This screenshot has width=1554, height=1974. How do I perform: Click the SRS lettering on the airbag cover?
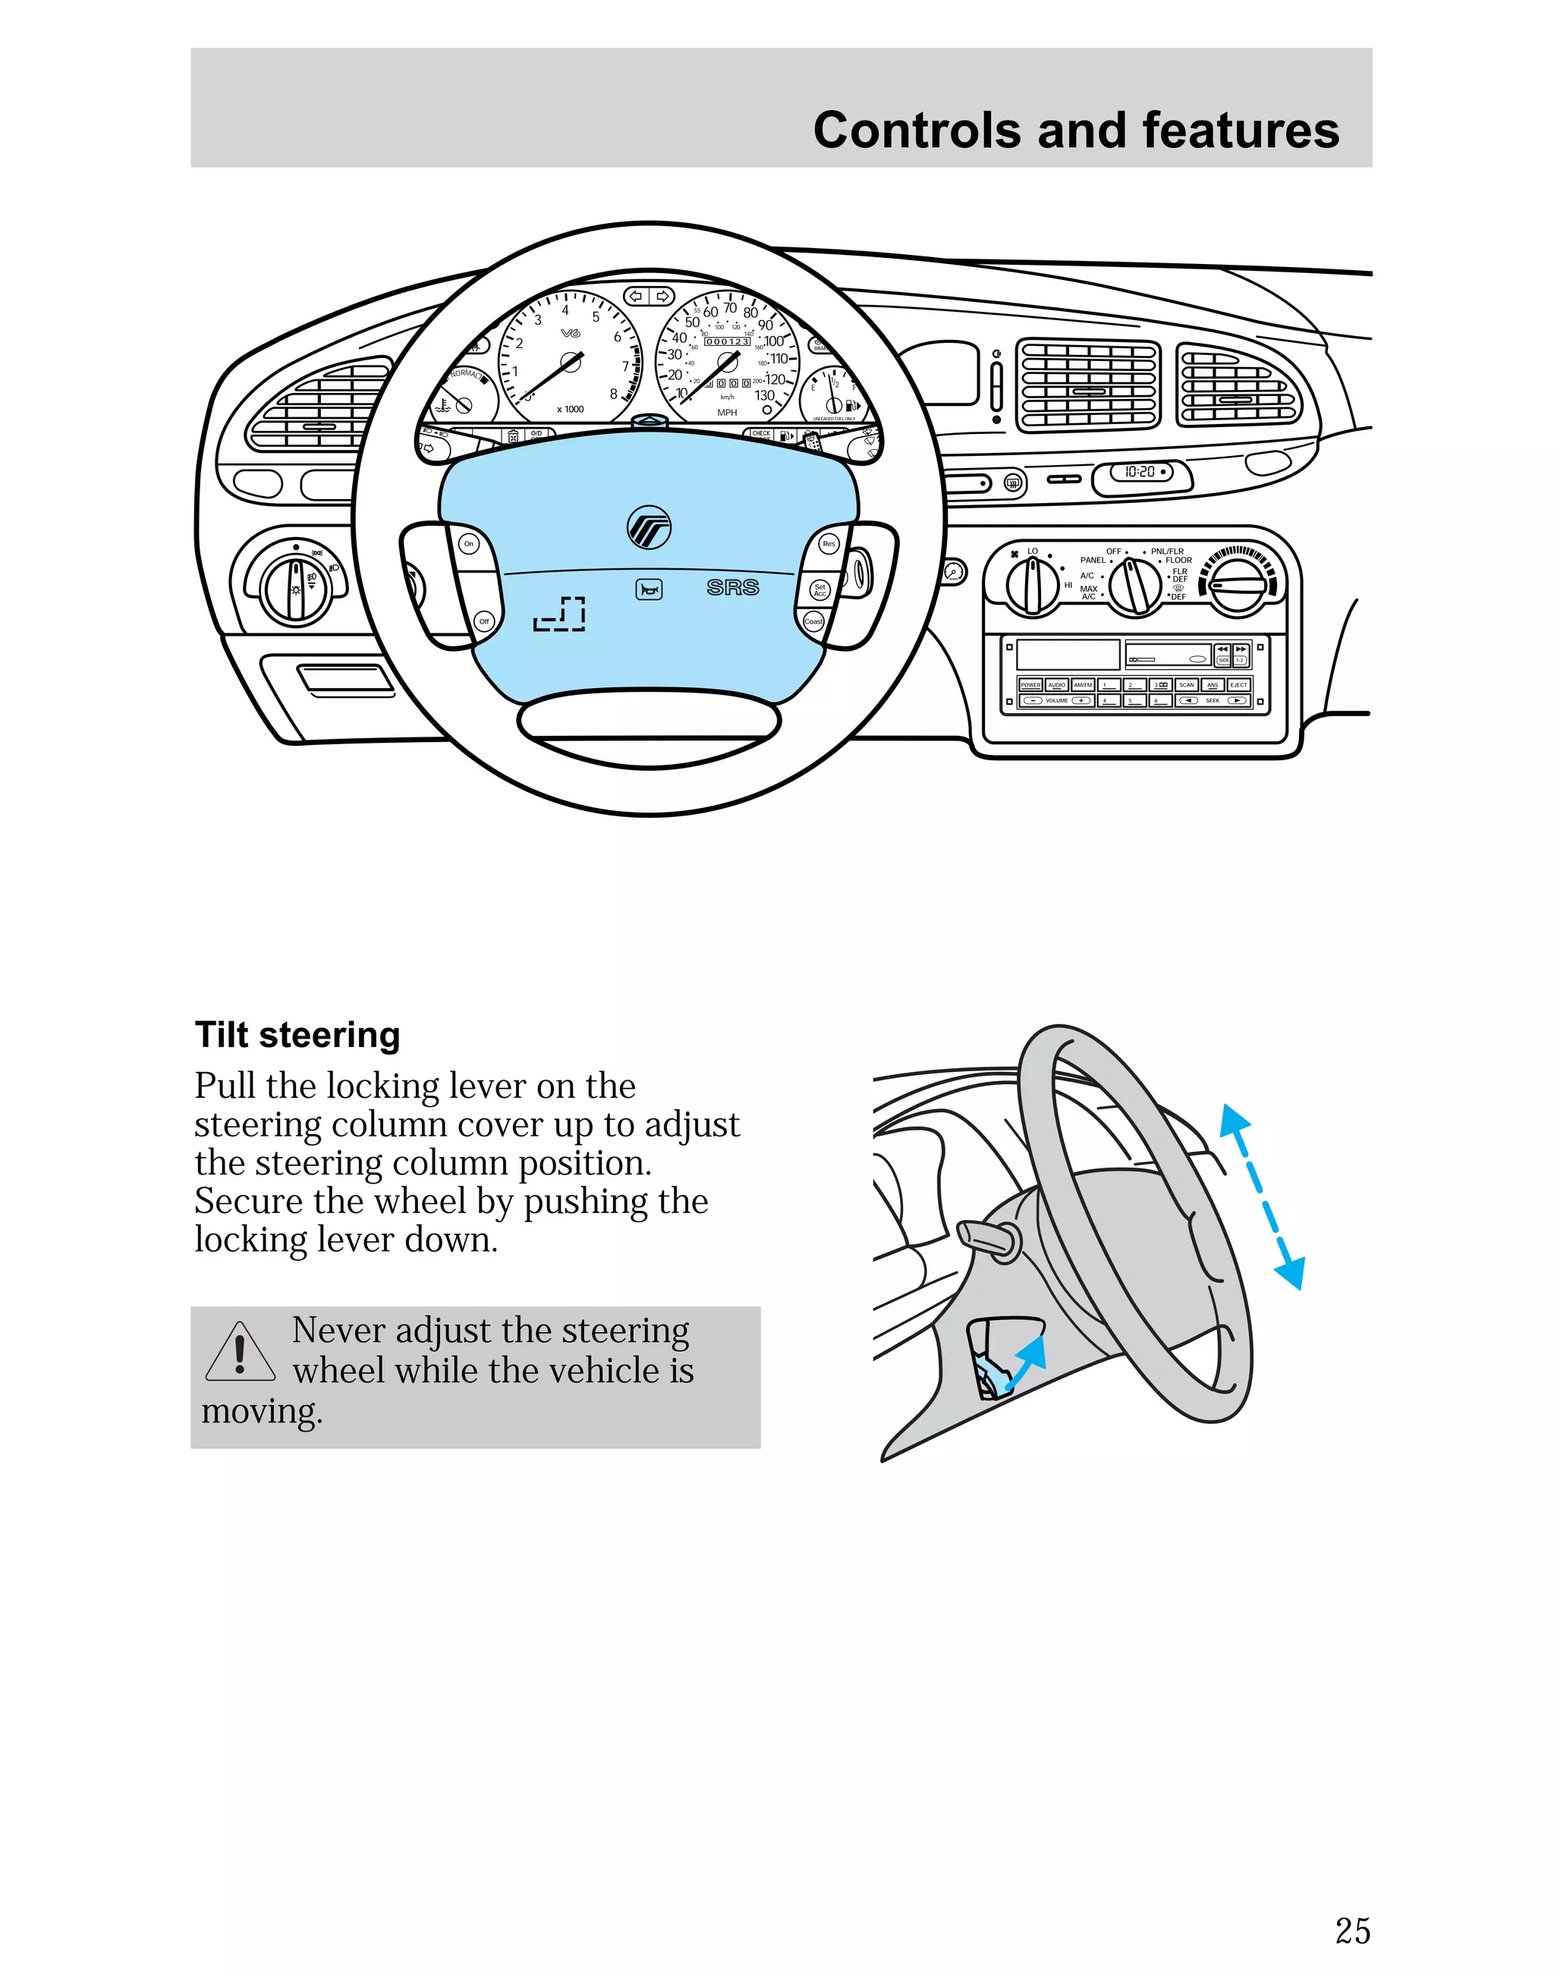pos(732,588)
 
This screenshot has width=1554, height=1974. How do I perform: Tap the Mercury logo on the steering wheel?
pos(649,527)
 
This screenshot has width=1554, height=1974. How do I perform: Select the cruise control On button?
pos(469,544)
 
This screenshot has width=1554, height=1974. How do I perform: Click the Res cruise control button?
pos(828,544)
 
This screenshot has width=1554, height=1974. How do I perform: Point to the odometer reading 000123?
pos(727,341)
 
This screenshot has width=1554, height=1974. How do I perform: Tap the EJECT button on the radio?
pos(1238,685)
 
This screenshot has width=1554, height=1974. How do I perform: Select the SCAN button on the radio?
pos(1187,685)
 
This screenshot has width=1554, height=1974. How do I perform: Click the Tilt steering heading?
pos(297,1036)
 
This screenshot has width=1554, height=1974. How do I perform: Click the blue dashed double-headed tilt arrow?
pos(1262,1197)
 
